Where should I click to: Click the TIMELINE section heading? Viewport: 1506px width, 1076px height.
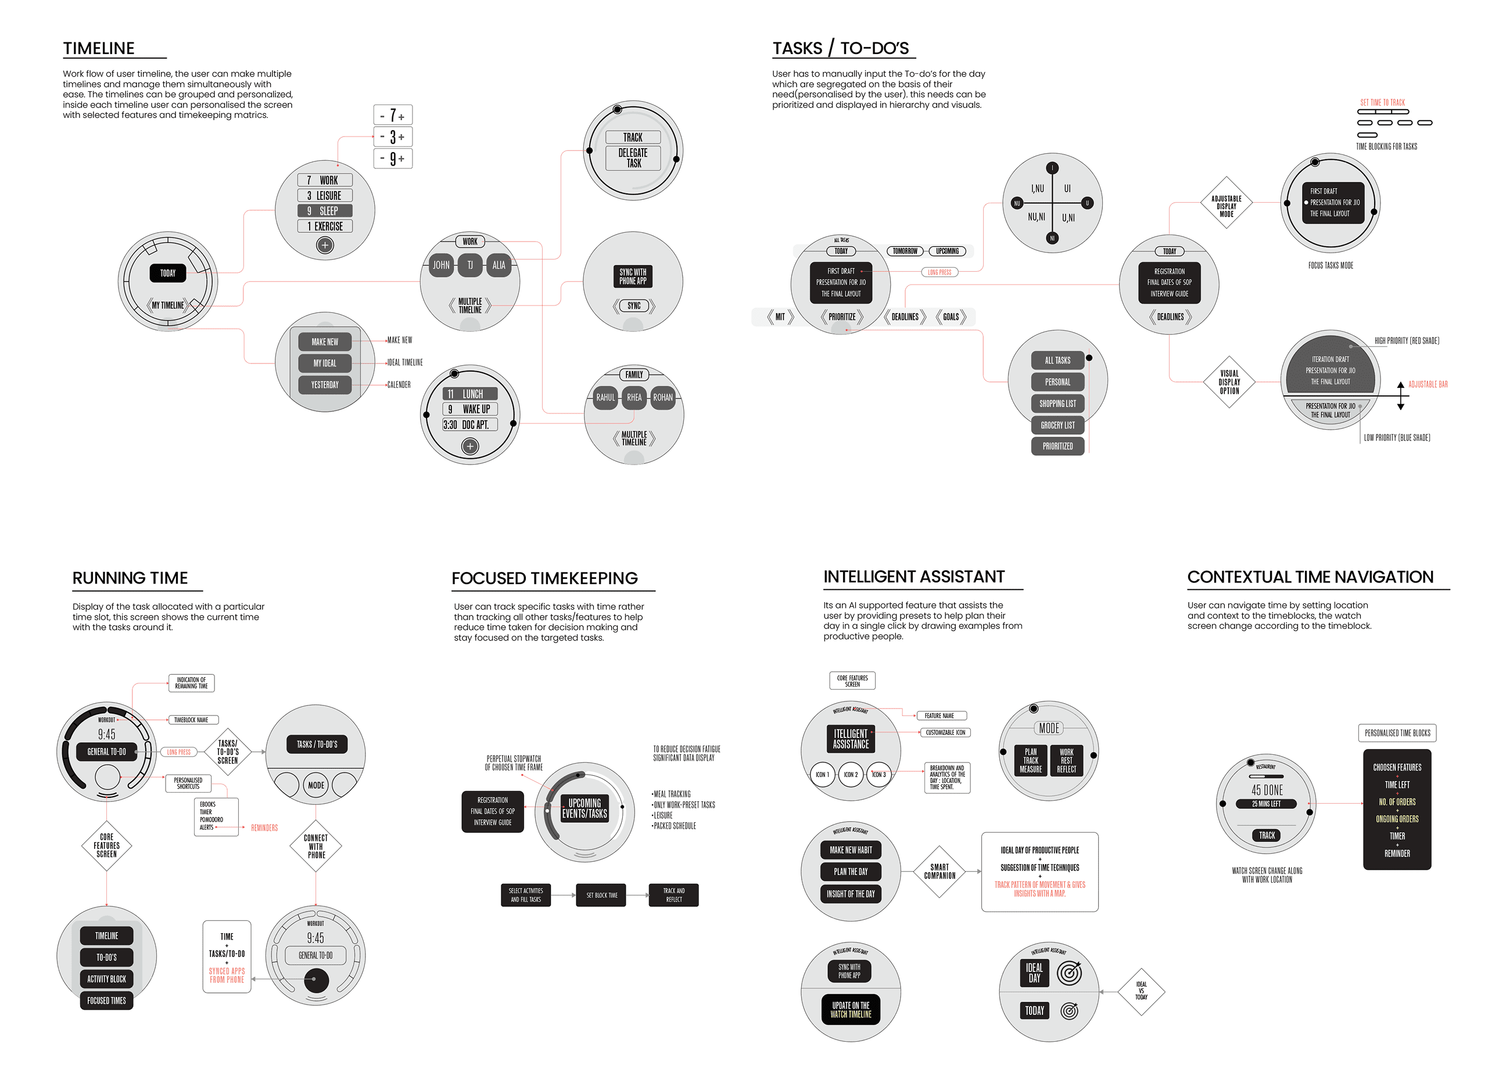tap(99, 48)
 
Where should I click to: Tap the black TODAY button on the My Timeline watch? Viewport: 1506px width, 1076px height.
tap(168, 273)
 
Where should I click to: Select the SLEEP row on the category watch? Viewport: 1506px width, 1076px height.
tap(325, 211)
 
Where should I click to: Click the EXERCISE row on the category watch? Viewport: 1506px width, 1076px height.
tap(325, 226)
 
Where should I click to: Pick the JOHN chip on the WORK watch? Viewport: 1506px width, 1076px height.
tap(441, 265)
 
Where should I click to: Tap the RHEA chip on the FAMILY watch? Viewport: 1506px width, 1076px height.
tap(634, 398)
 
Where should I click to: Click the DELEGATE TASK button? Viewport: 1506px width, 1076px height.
tap(633, 158)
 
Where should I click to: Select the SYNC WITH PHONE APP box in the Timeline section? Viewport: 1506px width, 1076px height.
tap(633, 276)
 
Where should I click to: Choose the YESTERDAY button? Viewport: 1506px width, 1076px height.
tap(325, 385)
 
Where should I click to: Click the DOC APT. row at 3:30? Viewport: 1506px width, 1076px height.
tap(470, 424)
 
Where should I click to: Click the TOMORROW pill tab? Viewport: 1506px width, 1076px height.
tap(905, 251)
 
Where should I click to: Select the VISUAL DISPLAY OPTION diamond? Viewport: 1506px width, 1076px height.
tap(1229, 382)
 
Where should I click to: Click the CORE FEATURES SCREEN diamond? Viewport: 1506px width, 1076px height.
tap(107, 845)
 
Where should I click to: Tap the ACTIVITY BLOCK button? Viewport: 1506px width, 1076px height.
tap(107, 978)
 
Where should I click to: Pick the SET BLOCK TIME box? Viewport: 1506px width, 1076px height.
tap(601, 895)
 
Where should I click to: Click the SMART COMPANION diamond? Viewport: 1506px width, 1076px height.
tap(940, 871)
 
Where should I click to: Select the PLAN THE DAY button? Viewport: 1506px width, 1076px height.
tap(851, 871)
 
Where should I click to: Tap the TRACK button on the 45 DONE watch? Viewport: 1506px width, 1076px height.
tap(1267, 836)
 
